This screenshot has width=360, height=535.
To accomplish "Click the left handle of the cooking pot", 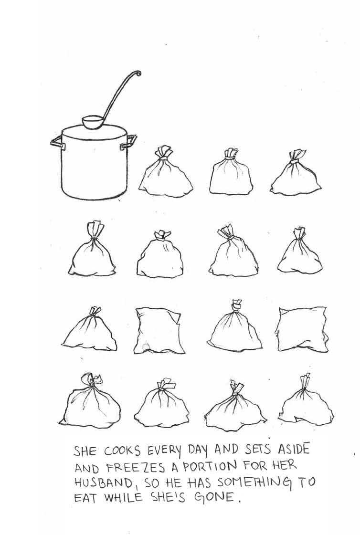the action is click(57, 142).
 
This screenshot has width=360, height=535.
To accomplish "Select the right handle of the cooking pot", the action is click(128, 142).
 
